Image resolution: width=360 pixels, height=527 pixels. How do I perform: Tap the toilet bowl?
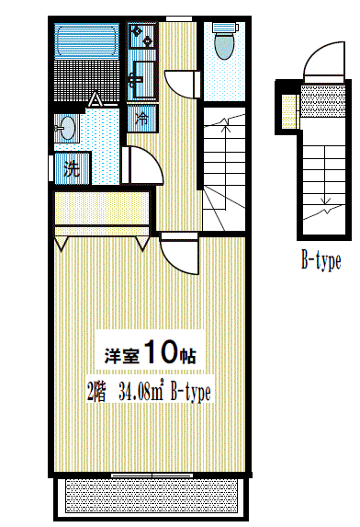pos(223,42)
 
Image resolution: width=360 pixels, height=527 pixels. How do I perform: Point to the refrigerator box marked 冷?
pos(143,118)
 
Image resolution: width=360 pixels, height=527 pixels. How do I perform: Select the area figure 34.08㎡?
pos(143,395)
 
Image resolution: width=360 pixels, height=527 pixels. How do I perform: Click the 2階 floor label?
pos(96,395)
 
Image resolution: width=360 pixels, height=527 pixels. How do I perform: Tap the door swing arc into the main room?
pos(177,253)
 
